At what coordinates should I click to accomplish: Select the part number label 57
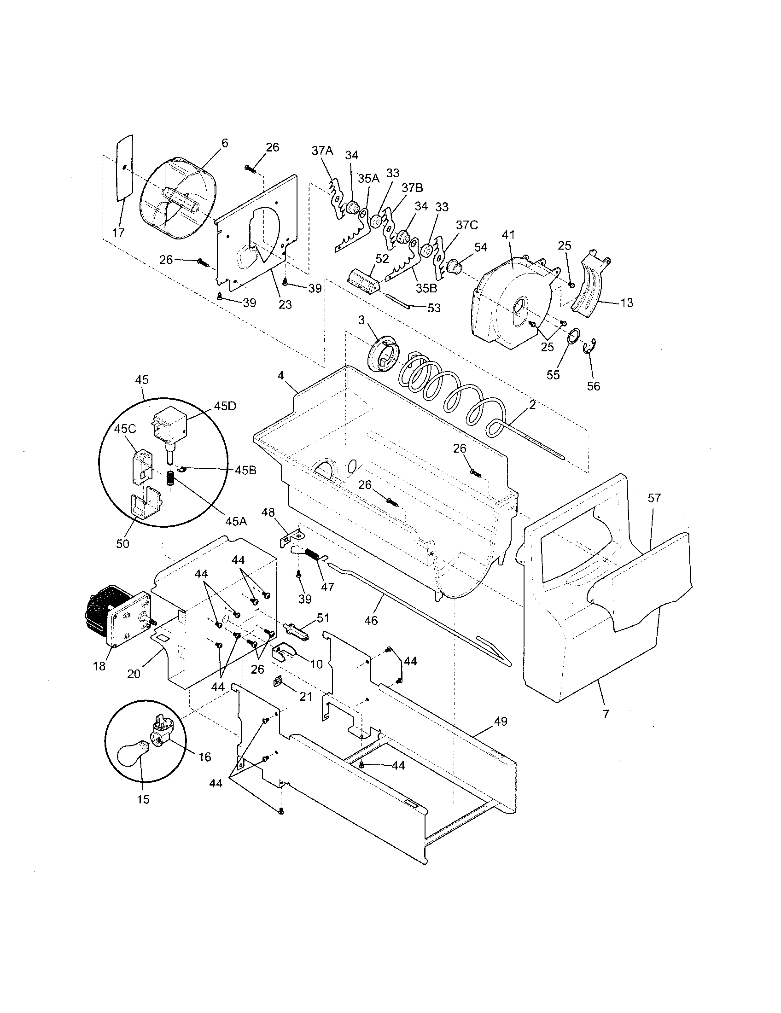[654, 498]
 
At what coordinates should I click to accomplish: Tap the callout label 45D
[225, 406]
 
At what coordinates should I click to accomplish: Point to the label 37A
[322, 151]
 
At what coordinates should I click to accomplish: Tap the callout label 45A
[236, 521]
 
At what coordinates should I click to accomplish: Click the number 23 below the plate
[285, 304]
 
